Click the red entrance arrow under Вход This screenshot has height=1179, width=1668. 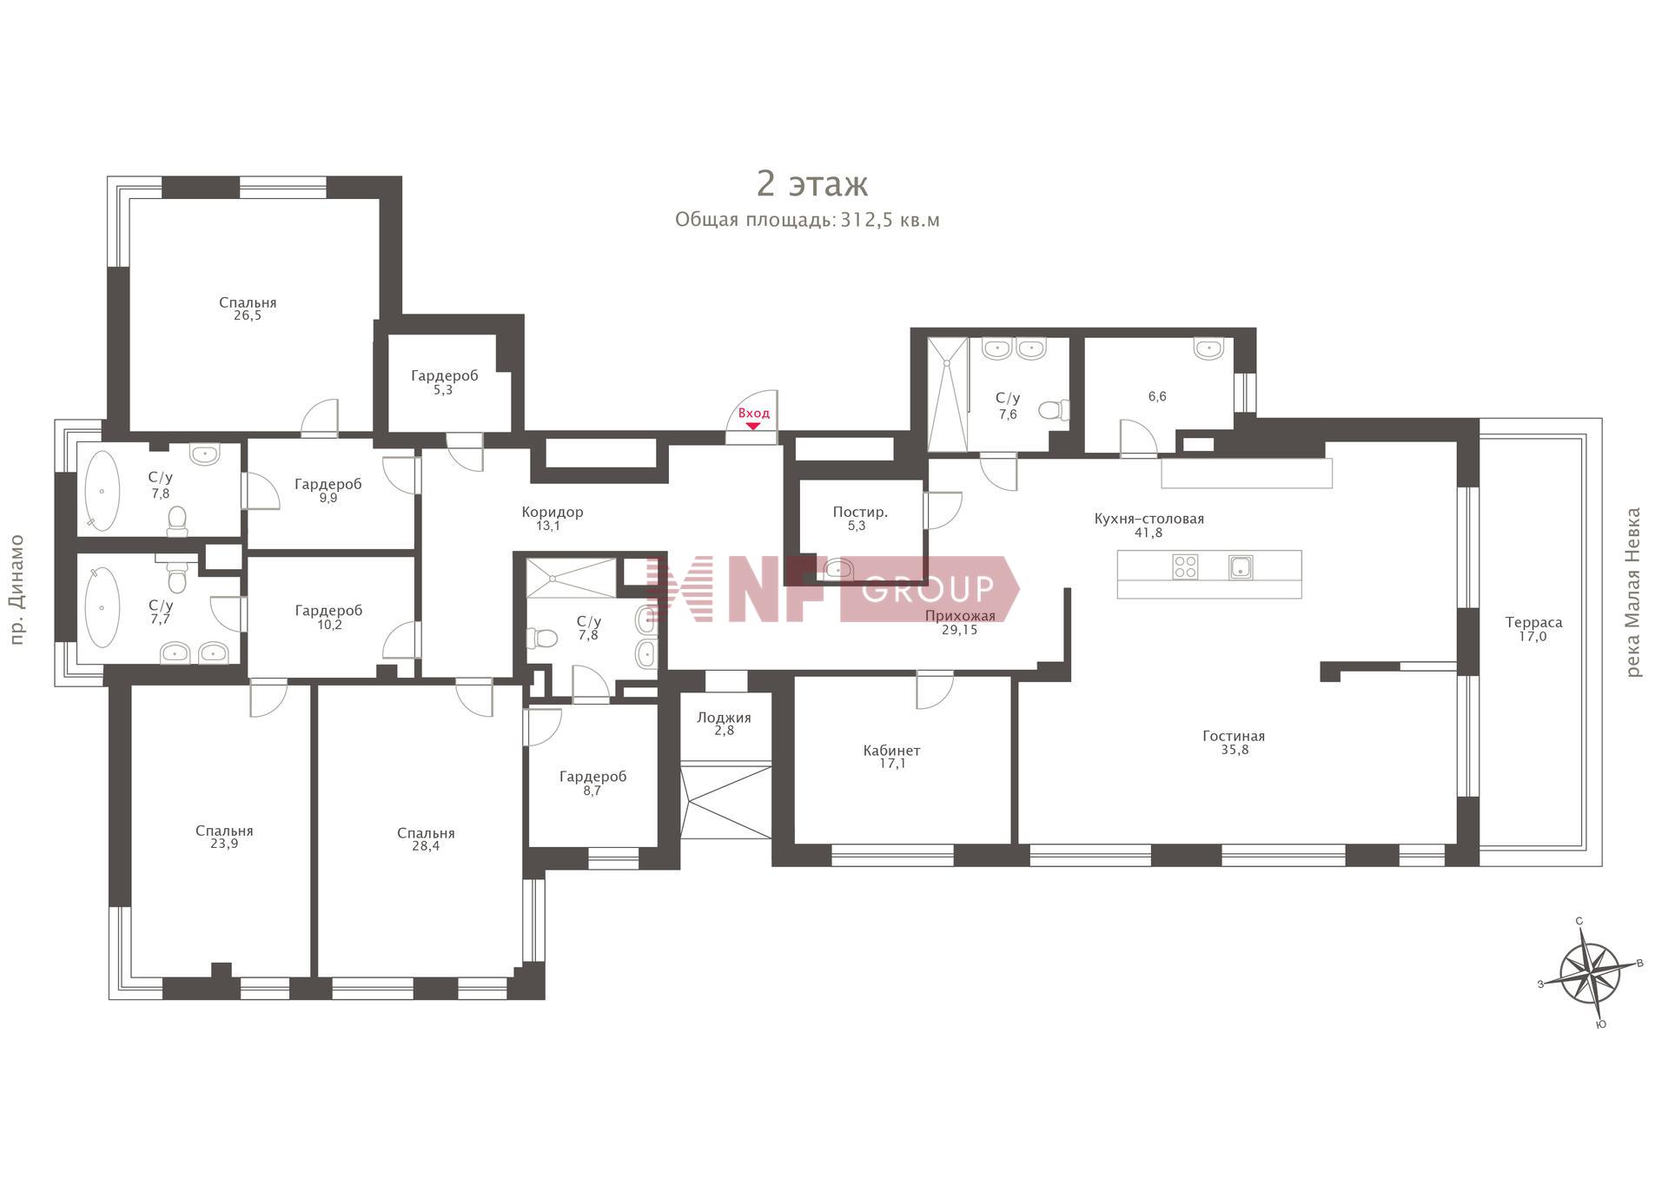click(x=752, y=426)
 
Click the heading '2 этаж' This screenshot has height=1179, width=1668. click(x=812, y=184)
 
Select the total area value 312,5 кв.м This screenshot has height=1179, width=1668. click(x=890, y=220)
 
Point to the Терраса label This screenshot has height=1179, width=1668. click(x=1533, y=622)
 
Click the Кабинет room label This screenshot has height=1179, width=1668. click(x=891, y=751)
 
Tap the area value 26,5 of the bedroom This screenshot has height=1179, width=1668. click(x=247, y=316)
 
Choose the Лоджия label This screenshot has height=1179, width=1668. click(x=724, y=718)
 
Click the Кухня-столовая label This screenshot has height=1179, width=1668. click(x=1148, y=519)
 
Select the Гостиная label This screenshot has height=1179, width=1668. click(x=1234, y=736)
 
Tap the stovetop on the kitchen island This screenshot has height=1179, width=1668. click(x=1185, y=567)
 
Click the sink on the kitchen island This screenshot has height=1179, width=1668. click(x=1241, y=567)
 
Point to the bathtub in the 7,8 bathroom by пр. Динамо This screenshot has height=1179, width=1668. click(x=103, y=491)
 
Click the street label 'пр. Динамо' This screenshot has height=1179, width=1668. click(x=17, y=590)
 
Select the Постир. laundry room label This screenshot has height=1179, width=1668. click(x=860, y=512)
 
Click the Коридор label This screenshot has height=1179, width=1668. click(x=553, y=512)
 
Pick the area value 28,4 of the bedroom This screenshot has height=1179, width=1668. click(x=426, y=846)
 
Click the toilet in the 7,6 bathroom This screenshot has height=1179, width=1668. click(x=1054, y=409)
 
